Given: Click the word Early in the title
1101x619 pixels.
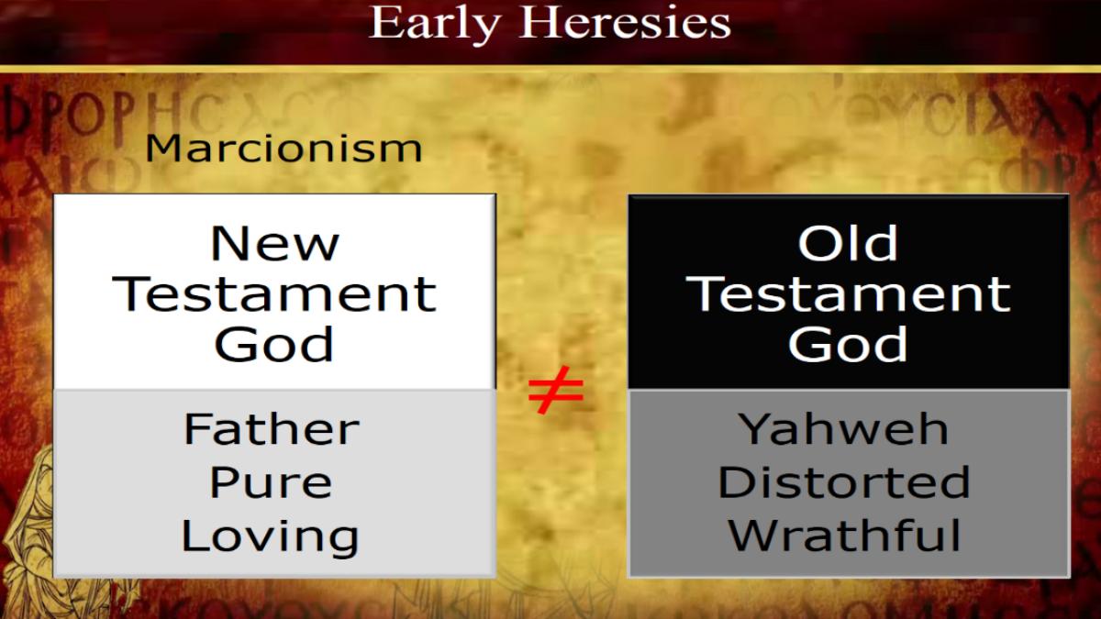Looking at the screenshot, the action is [x=434, y=24].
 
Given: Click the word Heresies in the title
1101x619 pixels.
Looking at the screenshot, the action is [x=625, y=22].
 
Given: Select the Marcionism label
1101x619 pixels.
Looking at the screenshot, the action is [x=284, y=148].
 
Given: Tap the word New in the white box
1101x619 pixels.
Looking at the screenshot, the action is [x=274, y=243].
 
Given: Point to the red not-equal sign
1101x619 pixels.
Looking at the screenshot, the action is [x=556, y=390].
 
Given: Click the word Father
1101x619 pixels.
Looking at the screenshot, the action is [x=272, y=429].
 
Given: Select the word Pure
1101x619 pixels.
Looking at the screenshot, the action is [x=271, y=483].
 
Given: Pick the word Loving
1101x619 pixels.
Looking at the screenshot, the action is [x=271, y=537].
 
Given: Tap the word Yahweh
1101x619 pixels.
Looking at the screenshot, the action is [x=844, y=429].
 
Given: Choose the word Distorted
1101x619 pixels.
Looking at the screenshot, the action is [x=844, y=482].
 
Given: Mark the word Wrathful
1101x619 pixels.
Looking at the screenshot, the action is [x=844, y=536].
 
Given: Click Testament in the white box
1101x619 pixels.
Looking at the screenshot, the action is [x=274, y=293].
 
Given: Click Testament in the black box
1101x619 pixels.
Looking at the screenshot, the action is [x=848, y=293].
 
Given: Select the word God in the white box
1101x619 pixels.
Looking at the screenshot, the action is [x=274, y=345].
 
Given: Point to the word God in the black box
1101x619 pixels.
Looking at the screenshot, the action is [x=848, y=345].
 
